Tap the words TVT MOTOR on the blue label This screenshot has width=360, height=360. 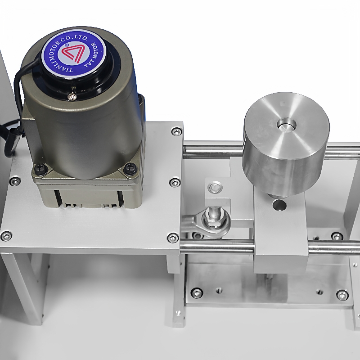click(92, 55)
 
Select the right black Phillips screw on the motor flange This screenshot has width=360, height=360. click(130, 169)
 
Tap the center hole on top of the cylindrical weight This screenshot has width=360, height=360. click(286, 126)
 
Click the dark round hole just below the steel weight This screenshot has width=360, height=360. click(279, 205)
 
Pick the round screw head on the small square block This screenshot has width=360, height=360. click(215, 188)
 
